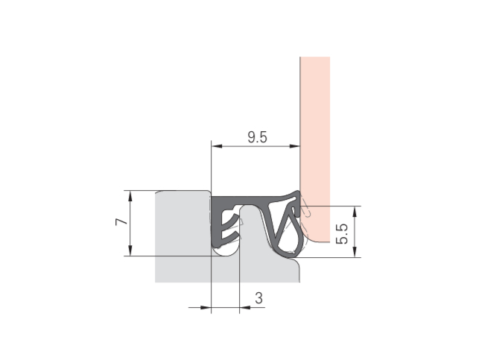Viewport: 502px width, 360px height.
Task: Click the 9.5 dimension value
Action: (x=257, y=137)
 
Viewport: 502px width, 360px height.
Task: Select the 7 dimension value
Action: (x=121, y=221)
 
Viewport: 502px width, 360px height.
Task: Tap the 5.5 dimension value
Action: (x=342, y=234)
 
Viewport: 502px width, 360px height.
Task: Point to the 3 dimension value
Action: (x=258, y=298)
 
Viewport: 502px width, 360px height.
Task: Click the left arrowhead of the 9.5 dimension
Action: (x=217, y=146)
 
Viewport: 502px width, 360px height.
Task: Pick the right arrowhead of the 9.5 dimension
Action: (x=294, y=146)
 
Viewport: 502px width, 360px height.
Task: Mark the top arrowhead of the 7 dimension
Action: (x=130, y=196)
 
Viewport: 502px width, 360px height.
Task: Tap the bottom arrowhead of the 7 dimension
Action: (x=130, y=250)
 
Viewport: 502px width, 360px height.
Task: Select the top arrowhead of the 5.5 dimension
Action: (x=355, y=212)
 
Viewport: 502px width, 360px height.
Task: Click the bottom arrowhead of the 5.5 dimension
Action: (x=355, y=251)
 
